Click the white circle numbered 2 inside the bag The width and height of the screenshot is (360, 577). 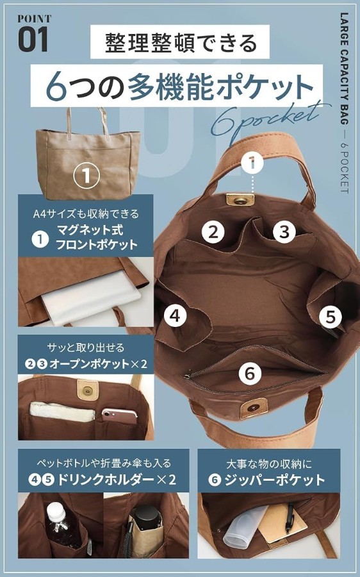coord(213,231)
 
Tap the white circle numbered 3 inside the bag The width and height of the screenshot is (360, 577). coord(284,231)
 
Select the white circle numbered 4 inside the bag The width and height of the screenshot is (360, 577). coord(175,315)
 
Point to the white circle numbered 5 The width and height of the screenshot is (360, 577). coord(331,317)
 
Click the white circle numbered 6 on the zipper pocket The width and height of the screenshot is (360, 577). coord(250,373)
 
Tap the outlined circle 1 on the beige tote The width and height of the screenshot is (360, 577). coord(86,175)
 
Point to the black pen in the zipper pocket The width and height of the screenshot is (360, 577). coord(290,519)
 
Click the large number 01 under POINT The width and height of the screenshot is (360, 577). coord(33,39)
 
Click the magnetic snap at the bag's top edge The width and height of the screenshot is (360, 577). coord(240,199)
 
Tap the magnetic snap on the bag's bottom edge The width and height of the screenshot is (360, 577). coord(253,408)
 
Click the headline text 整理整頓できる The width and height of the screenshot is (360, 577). coord(180,43)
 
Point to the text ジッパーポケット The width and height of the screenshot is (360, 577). coord(274,480)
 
